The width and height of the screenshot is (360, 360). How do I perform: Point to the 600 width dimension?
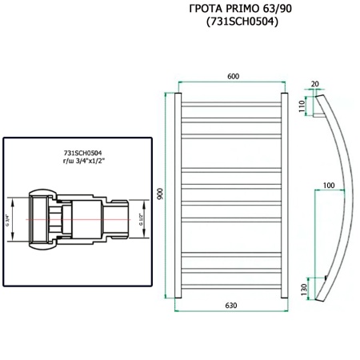233,77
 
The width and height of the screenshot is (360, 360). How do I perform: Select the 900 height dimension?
159,196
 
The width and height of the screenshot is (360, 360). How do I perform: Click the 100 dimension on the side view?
328,186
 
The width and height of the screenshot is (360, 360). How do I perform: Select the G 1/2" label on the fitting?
142,218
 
